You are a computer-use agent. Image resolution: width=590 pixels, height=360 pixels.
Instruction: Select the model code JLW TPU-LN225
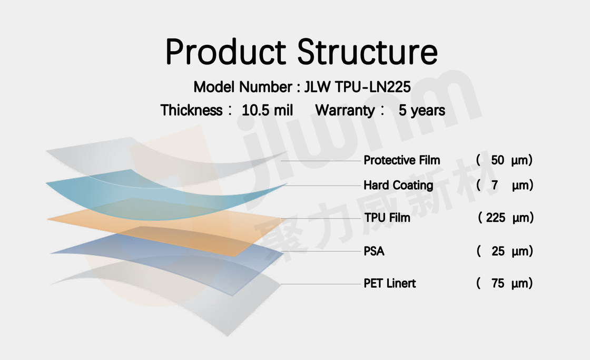358,87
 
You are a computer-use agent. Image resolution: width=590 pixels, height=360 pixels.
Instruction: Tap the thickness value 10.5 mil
267,110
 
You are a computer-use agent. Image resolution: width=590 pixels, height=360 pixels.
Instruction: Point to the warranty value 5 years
422,110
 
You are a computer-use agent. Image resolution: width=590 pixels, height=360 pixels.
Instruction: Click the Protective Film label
401,160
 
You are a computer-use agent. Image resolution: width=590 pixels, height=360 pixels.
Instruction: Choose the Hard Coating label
398,185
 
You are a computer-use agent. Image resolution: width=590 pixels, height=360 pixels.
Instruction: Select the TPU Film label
387,217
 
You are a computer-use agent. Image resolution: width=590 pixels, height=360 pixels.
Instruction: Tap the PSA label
374,251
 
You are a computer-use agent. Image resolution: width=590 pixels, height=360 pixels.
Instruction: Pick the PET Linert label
389,283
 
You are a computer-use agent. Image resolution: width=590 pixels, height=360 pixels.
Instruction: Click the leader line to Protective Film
321,161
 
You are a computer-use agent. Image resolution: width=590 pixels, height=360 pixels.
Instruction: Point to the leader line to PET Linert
321,284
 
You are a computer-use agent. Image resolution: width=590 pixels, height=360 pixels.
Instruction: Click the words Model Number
243,87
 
